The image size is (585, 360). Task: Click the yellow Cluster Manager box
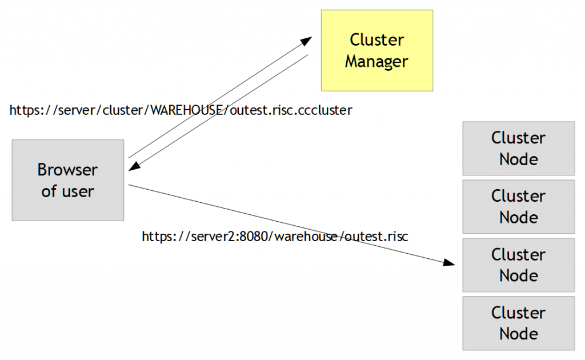tap(376, 50)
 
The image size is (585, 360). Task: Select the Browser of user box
tap(67, 180)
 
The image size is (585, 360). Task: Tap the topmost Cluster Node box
tap(518, 148)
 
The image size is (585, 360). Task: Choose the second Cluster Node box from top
tap(518, 206)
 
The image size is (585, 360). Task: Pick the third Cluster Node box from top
tap(518, 265)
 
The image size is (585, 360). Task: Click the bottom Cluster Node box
tap(518, 323)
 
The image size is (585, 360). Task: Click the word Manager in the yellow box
tap(376, 61)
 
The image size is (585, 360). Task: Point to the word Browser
tap(67, 170)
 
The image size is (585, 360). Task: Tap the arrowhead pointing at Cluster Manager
tap(307, 41)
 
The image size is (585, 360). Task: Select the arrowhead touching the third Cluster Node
tap(450, 263)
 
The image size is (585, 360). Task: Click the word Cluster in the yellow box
tap(376, 40)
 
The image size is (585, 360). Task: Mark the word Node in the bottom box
tap(518, 333)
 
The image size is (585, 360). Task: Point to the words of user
tap(67, 191)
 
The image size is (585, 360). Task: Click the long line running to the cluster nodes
tap(286, 223)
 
